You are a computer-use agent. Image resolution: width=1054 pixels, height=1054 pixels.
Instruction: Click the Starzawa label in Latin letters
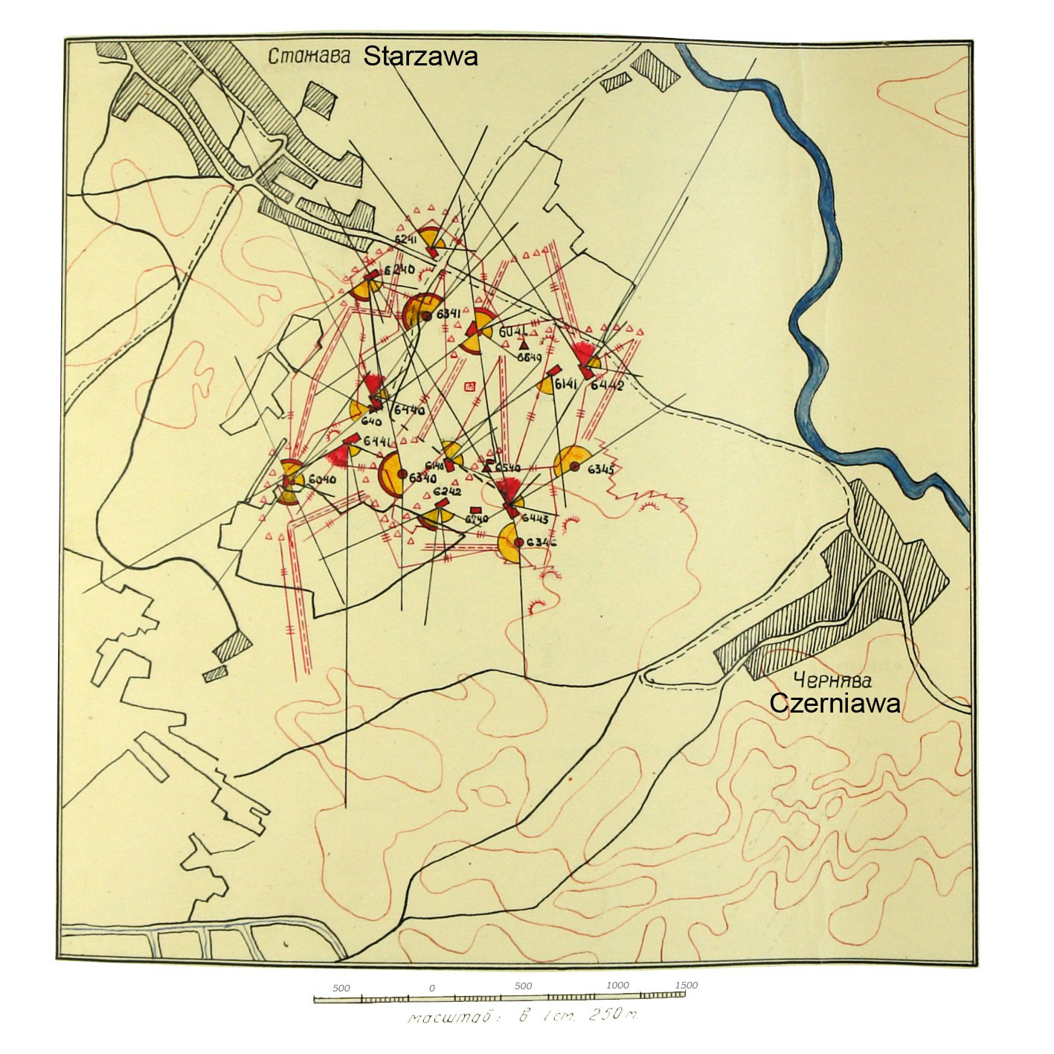[420, 57]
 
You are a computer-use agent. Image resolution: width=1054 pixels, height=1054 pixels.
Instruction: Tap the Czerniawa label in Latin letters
[835, 703]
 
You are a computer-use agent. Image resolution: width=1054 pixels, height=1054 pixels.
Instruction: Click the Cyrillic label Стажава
[308, 57]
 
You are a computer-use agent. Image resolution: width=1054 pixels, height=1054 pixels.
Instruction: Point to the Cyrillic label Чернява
[832, 679]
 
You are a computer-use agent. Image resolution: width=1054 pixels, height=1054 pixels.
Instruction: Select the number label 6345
[601, 469]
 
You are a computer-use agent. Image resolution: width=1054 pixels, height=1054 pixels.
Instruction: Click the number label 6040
[322, 480]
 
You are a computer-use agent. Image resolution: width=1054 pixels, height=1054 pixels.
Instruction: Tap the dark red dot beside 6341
[427, 316]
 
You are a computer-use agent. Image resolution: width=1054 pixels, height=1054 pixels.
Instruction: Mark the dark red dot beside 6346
[518, 542]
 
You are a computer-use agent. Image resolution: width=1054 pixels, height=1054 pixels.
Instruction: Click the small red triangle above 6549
[524, 344]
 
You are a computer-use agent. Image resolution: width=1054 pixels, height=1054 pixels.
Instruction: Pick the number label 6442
[608, 385]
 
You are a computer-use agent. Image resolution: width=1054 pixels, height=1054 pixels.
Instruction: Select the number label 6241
[405, 240]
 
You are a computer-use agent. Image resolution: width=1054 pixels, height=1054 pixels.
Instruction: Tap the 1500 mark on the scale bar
[686, 985]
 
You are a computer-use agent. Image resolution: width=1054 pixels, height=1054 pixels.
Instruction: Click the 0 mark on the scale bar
[432, 989]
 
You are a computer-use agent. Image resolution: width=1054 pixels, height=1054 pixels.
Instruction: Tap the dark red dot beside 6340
[402, 473]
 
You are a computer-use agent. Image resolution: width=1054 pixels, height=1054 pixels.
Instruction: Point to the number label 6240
[399, 269]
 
